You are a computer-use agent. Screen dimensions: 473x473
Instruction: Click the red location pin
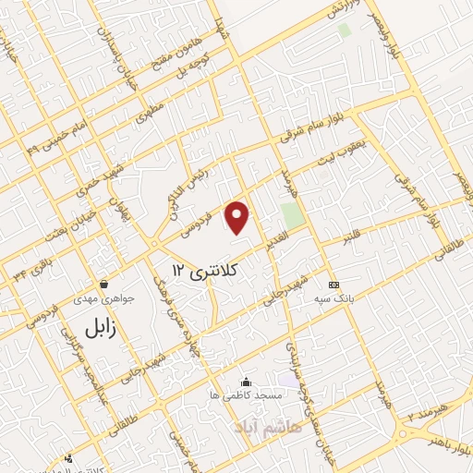(x=238, y=216)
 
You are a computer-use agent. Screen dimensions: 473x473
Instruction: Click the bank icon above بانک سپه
(x=334, y=285)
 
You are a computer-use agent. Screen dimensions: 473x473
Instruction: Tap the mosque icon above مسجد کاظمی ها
(x=245, y=382)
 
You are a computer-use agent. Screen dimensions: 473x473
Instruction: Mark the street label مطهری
(x=148, y=115)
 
